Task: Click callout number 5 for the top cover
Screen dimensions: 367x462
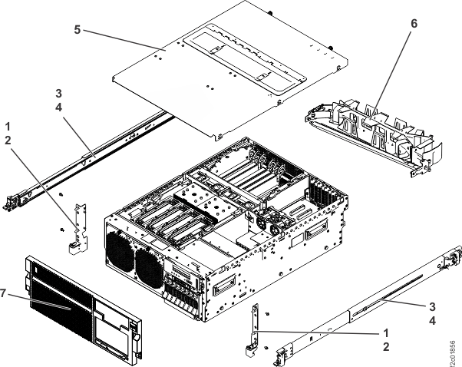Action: pos(78,29)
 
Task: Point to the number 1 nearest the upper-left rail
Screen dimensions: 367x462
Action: pos(8,124)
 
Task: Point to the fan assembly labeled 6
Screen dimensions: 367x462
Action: pos(368,134)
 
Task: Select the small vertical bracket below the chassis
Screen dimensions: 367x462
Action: pos(254,330)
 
